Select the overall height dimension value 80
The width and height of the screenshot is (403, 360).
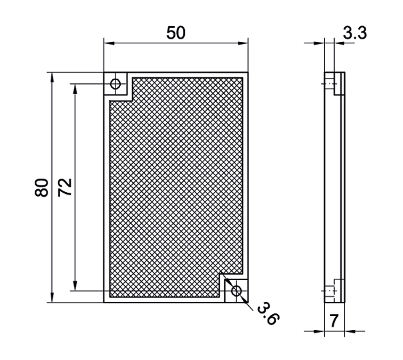[x=41, y=187]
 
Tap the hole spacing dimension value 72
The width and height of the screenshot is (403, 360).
[x=65, y=187]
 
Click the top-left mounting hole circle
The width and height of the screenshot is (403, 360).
[x=115, y=84]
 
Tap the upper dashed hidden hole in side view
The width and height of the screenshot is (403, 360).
[x=330, y=84]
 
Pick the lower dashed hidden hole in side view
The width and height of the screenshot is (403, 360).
[x=330, y=290]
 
